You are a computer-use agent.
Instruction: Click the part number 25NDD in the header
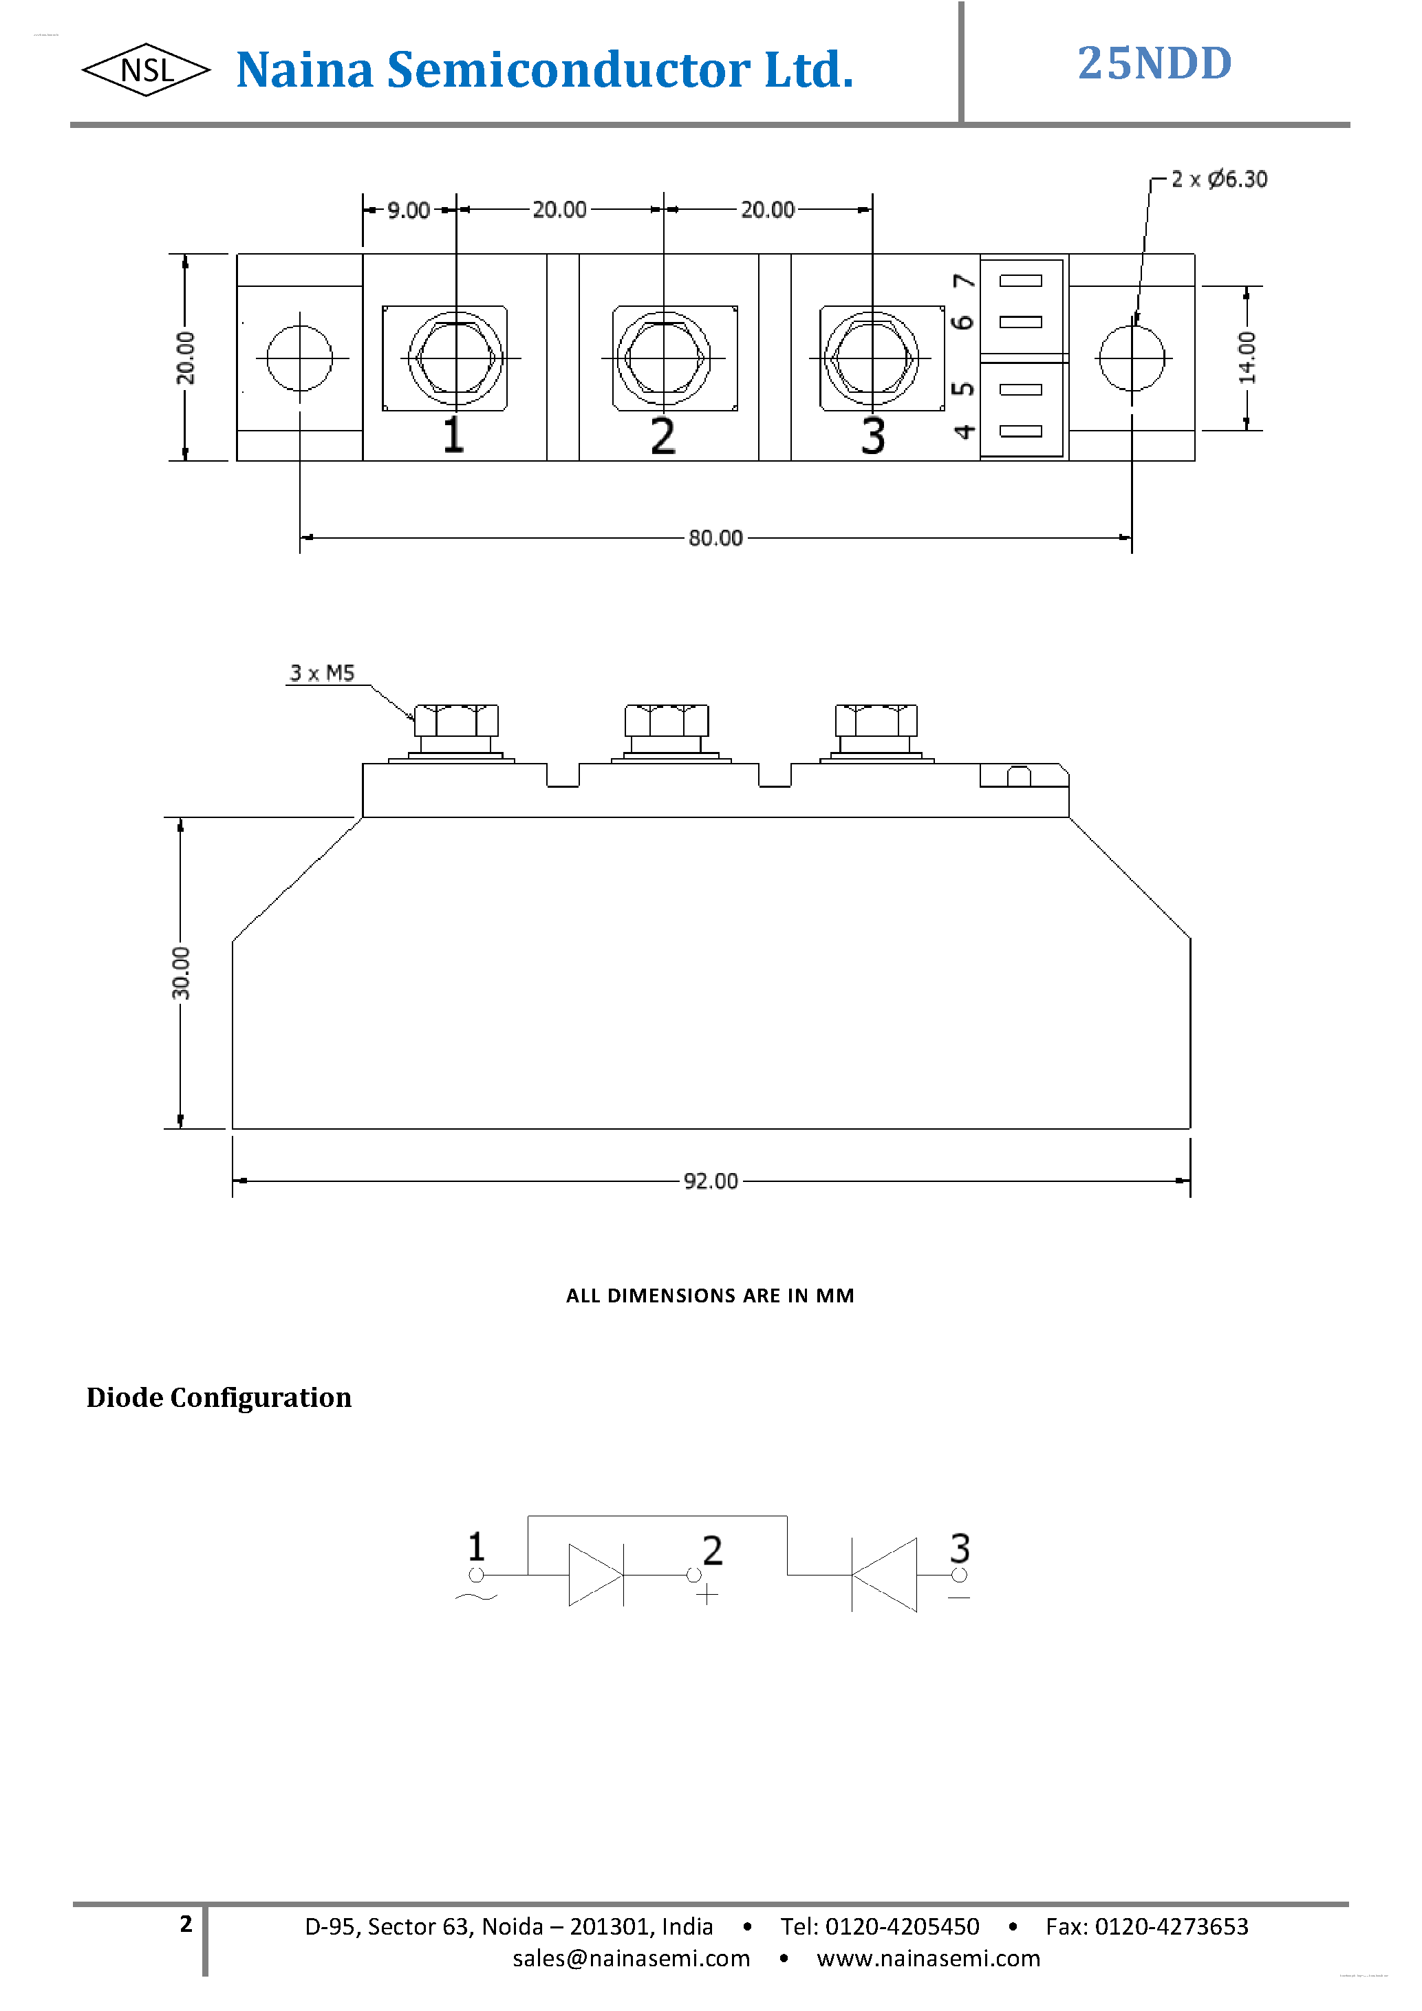click(x=1154, y=64)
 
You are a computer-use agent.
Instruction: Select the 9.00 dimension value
click(x=408, y=211)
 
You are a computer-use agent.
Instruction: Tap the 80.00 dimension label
click(x=715, y=538)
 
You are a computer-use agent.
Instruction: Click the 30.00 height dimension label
click(x=180, y=972)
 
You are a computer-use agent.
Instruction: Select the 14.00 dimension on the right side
click(x=1247, y=357)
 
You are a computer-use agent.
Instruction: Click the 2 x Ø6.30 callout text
click(x=1219, y=180)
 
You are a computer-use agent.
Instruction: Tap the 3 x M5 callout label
click(x=322, y=673)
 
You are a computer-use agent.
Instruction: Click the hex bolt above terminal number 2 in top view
click(x=664, y=358)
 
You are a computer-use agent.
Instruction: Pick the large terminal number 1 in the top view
click(x=453, y=435)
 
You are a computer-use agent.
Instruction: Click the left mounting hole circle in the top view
click(x=299, y=358)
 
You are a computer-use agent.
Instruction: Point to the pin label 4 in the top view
click(x=964, y=431)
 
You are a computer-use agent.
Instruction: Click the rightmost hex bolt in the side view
click(x=876, y=721)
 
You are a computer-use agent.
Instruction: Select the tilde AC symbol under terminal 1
click(x=475, y=1597)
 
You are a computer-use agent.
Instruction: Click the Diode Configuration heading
click(x=219, y=1397)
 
